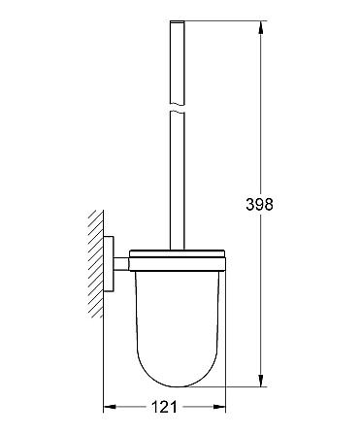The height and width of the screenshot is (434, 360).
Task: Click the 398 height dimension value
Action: pos(259,204)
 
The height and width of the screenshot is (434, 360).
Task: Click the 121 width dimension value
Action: pos(164,407)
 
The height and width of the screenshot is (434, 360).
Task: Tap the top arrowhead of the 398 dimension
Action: pos(261,27)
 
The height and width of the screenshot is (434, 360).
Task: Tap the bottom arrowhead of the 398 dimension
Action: pos(261,381)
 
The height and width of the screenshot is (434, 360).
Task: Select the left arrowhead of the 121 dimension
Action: pos(110,407)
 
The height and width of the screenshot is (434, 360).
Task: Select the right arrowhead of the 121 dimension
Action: pos(219,407)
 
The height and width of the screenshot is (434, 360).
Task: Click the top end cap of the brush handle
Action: pos(178,21)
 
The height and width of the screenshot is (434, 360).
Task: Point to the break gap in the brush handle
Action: pos(178,108)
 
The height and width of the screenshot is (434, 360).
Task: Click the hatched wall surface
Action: pos(96,264)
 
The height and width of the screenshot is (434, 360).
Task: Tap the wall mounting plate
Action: pos(109,264)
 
